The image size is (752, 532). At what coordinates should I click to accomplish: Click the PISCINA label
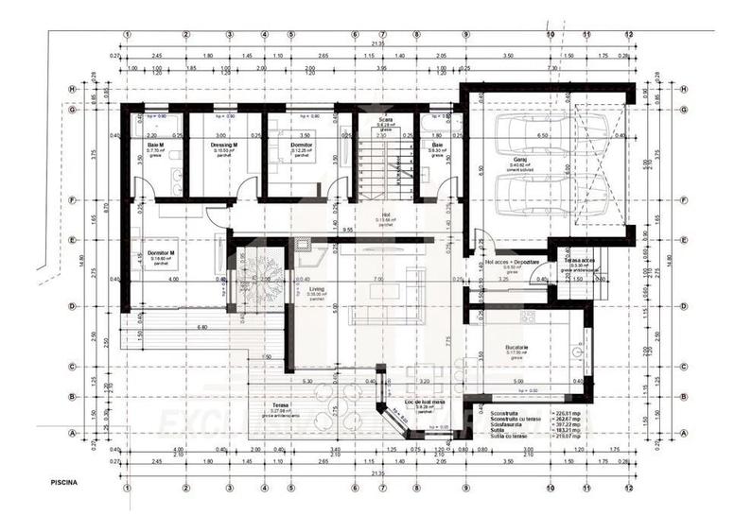(x=65, y=482)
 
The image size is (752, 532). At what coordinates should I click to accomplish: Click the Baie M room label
(x=156, y=145)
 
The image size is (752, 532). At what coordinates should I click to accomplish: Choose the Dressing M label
(x=223, y=145)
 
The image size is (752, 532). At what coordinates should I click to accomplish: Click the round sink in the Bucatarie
(x=577, y=352)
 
